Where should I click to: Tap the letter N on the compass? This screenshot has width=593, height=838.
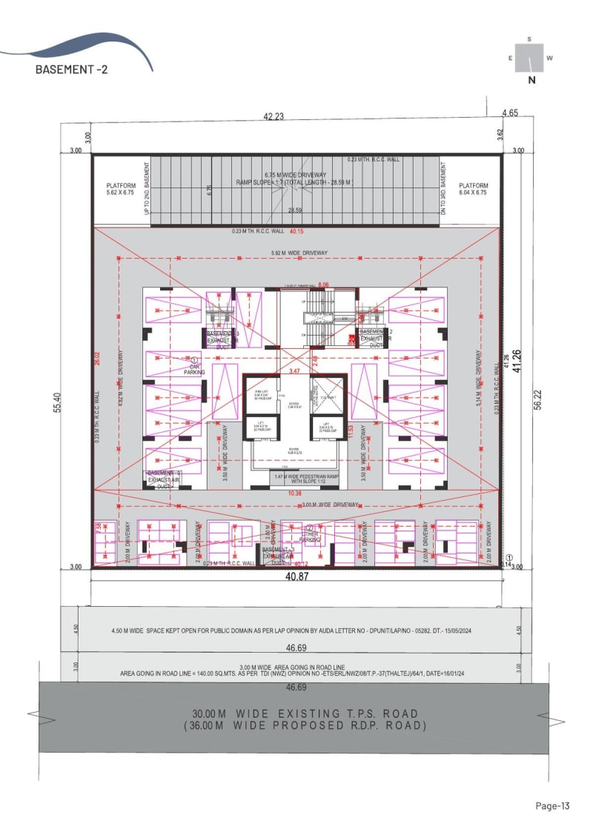531,81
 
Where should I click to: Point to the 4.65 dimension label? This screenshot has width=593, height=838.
509,113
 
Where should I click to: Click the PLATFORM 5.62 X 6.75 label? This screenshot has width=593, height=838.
122,189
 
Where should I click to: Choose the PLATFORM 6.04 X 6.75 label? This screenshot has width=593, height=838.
473,189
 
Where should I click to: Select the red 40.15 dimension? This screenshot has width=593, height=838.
297,232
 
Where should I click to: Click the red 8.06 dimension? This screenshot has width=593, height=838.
323,285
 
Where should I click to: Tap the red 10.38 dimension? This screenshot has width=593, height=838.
295,493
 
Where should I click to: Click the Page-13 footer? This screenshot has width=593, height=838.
552,805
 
